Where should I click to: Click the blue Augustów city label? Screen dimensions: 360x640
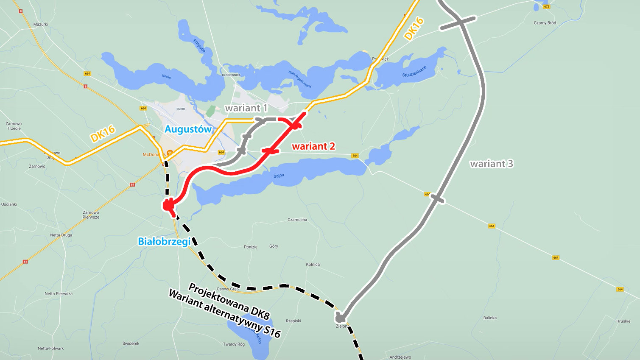tap(188, 129)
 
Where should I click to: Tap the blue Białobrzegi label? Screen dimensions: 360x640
tap(164, 242)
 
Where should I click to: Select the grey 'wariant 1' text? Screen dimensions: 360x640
tap(246, 108)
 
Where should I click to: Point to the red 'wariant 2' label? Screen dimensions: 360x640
tap(313, 146)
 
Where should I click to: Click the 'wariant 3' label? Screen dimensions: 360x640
tap(492, 164)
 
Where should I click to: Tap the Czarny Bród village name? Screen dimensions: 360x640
tap(545, 23)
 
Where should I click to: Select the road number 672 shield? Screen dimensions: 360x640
tap(546, 6)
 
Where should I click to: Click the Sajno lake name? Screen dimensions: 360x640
tap(279, 176)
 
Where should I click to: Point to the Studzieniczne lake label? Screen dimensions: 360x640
tap(414, 72)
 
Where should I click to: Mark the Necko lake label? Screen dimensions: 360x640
tap(166, 76)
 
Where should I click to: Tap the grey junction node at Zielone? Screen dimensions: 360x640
tap(340, 318)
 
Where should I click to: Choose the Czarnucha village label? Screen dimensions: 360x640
tap(297, 220)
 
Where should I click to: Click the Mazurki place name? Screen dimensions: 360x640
tap(40, 25)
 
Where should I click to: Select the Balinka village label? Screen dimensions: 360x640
tap(490, 318)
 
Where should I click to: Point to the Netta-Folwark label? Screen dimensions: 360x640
tap(51, 349)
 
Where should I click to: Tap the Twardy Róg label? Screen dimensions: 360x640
tap(234, 344)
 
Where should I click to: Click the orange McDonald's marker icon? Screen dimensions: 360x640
tap(169, 152)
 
